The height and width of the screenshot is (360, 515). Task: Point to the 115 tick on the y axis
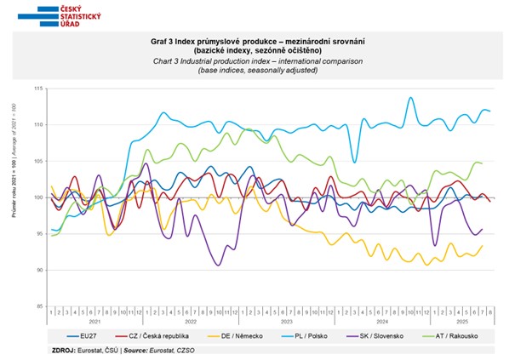point(39,89)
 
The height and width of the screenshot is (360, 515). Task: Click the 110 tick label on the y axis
point(39,125)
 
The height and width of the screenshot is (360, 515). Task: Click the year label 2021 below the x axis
point(95,322)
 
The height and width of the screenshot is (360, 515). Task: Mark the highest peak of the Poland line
point(412,97)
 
